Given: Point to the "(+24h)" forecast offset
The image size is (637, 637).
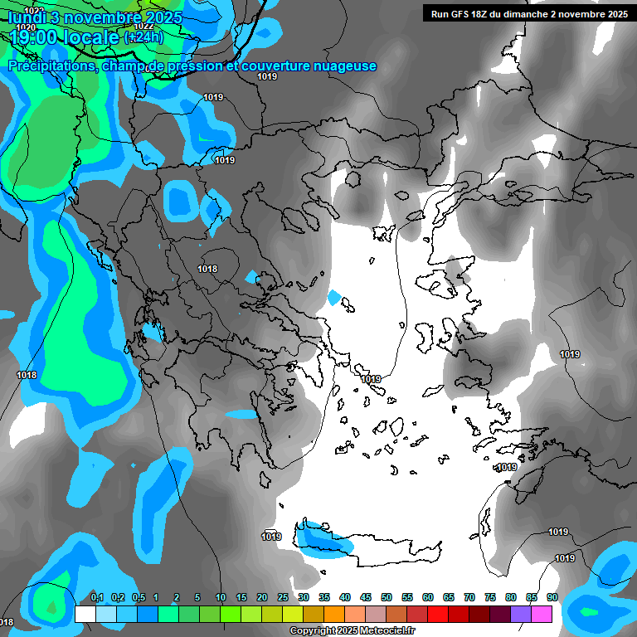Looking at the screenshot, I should point(143,37).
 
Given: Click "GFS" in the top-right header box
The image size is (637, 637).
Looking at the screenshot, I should point(461,14).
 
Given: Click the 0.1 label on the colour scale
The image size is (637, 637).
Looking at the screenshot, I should point(97,597).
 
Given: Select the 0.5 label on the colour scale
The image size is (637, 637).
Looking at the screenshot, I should point(139,597).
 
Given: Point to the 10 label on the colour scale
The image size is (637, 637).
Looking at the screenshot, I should point(221,597).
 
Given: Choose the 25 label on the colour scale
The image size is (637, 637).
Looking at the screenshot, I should point(283,597).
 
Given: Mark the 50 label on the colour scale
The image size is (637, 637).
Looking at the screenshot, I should point(387,597).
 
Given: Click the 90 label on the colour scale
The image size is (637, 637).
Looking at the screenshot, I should point(552,597).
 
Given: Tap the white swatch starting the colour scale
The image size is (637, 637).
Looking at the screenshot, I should point(85,614).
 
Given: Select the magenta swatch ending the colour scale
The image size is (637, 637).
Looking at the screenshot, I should point(542,614).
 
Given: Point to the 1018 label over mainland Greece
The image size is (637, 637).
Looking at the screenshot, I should point(207,269).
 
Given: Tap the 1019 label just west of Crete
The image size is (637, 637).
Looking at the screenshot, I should point(271,537).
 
